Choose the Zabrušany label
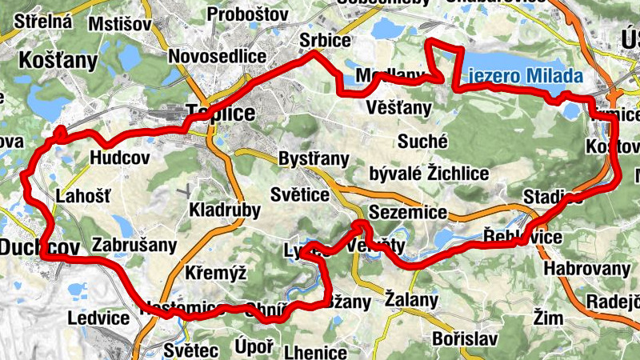[x=134, y=245]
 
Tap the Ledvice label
[x=98, y=318]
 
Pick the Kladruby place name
[x=225, y=210]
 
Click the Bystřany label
[x=314, y=158]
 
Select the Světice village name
[x=299, y=195]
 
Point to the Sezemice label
[x=416, y=212]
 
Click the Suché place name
[x=422, y=142]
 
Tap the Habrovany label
[x=587, y=268]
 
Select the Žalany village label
[x=411, y=301]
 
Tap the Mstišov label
[x=120, y=23]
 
